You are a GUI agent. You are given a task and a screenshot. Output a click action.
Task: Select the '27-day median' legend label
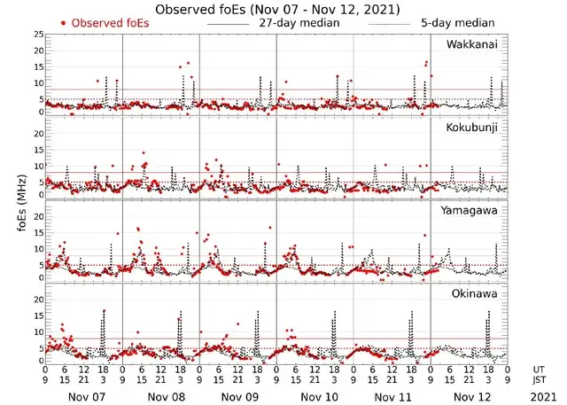tap(299, 23)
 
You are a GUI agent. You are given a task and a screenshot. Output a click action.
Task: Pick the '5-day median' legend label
tap(458, 23)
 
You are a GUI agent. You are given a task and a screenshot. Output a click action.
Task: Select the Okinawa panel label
tap(478, 293)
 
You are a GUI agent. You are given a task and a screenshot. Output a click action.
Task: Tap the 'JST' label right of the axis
tap(540, 379)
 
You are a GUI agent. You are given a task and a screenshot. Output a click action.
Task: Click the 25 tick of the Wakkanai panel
tap(37, 35)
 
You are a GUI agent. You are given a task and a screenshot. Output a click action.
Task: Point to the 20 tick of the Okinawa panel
tap(37, 300)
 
